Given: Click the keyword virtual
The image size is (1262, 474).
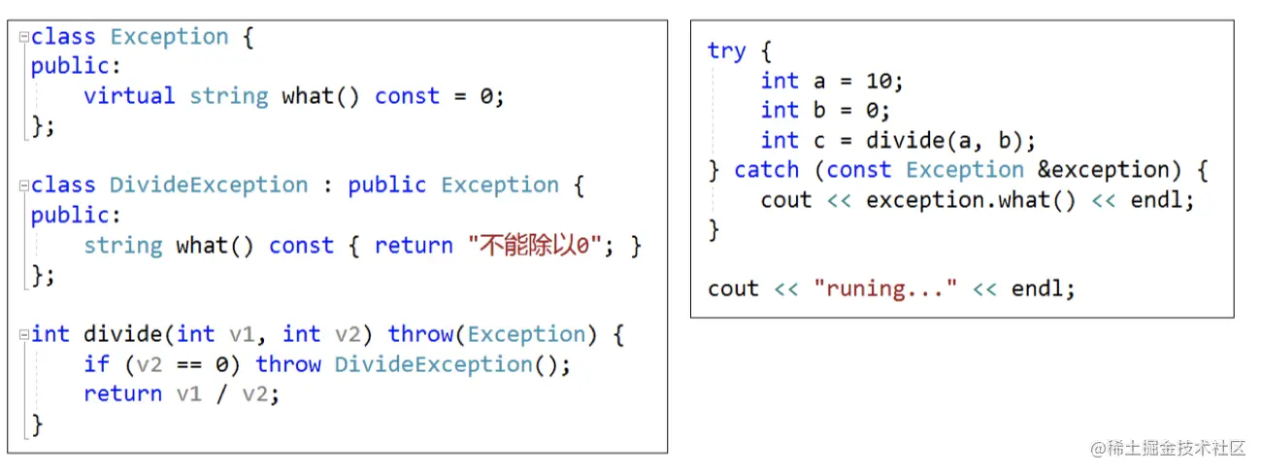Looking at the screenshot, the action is (129, 96).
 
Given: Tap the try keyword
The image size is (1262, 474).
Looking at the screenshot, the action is (726, 51).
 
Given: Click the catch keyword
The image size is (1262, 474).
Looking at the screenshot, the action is (766, 170).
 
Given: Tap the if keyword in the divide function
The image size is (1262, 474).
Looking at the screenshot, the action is (96, 364).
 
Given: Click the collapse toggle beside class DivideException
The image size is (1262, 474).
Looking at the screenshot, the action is (23, 186).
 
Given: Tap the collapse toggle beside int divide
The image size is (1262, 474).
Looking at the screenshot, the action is (23, 335).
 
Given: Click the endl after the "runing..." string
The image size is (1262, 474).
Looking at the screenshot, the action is (1043, 288).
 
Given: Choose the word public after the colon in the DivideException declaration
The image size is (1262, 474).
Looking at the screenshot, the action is (387, 186).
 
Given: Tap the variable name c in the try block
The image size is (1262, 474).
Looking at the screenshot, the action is (819, 140).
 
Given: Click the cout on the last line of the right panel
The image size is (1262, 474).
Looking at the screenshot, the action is (733, 288).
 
